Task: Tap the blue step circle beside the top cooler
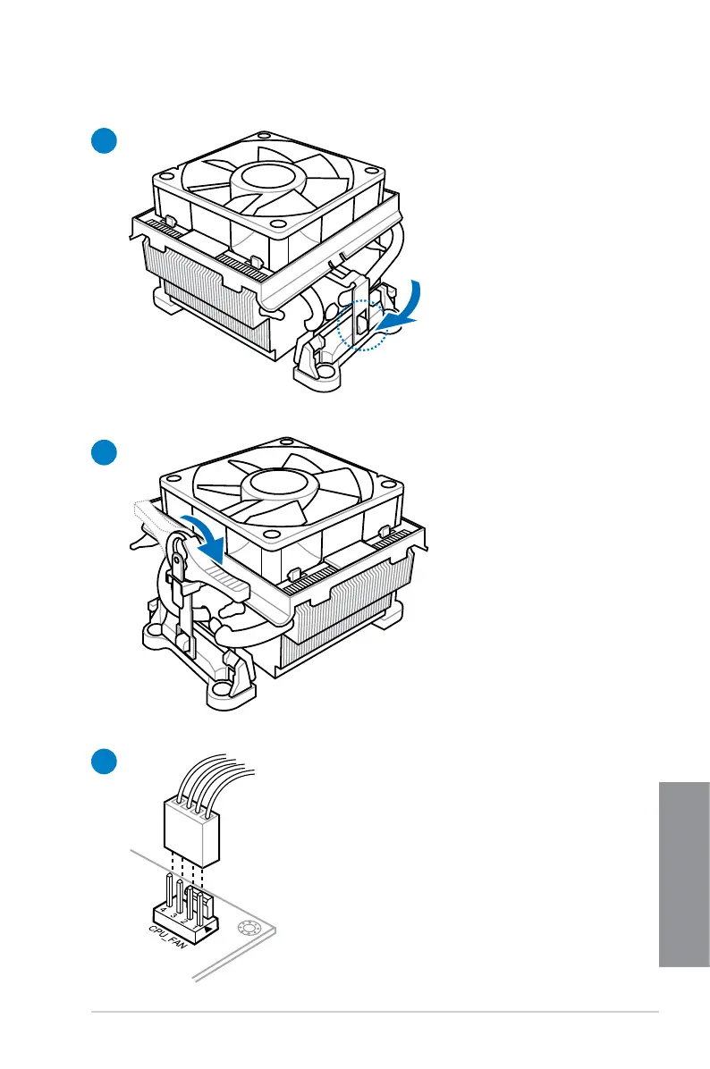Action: coord(103,140)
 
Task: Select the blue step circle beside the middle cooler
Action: coord(103,452)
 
